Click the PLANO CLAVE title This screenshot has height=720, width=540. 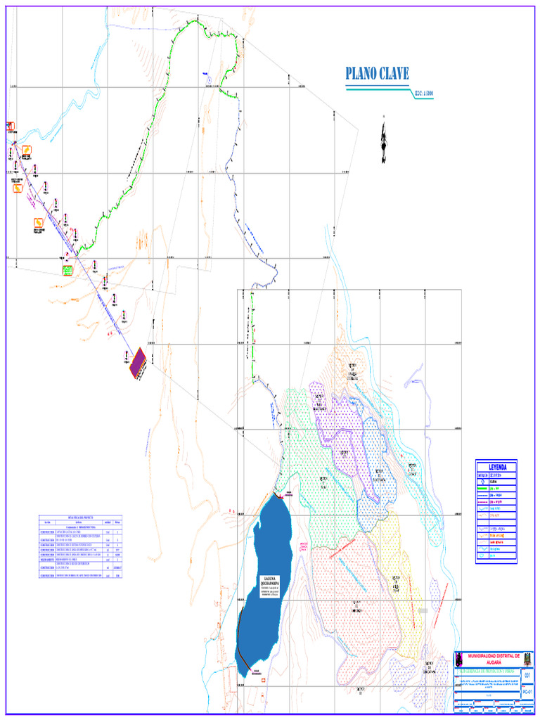[376, 74]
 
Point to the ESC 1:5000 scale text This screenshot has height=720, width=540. [419, 92]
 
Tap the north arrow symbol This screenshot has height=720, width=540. [383, 141]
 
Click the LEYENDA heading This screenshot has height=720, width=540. [496, 467]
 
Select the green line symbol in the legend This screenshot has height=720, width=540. [482, 487]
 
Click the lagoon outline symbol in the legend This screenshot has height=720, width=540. [482, 528]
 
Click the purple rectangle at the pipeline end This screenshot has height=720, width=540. [138, 363]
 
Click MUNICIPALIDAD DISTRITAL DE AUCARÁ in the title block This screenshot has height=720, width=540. [491, 659]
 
